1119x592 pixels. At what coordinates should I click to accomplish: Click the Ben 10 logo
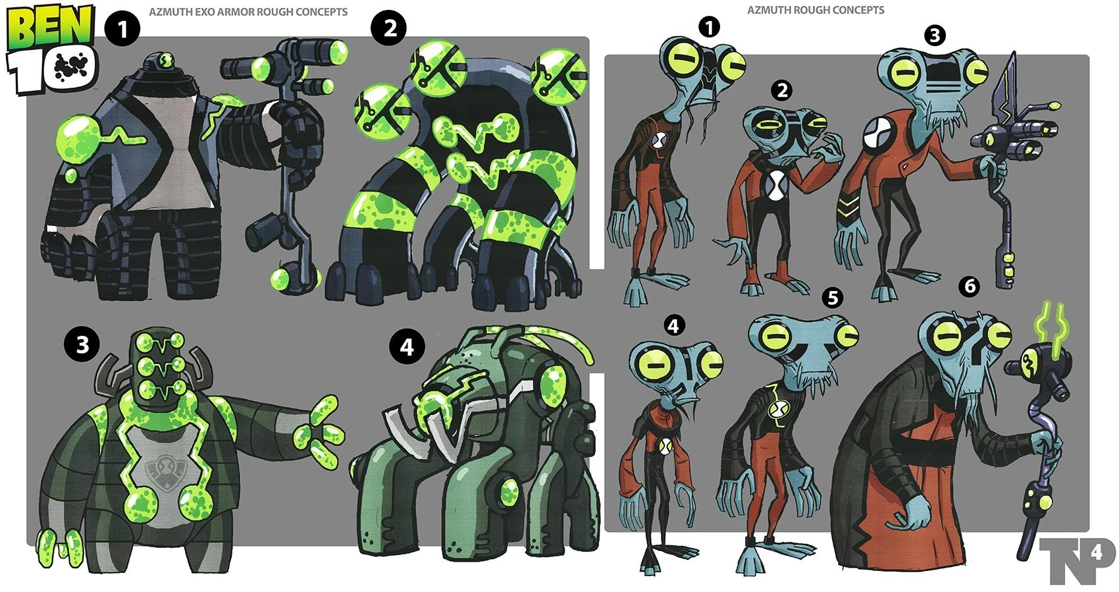point(51,49)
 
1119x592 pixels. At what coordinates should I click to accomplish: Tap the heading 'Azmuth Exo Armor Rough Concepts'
point(248,12)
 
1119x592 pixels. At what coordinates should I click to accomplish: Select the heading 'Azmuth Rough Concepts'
point(816,10)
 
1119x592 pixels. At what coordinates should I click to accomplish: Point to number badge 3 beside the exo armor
point(82,344)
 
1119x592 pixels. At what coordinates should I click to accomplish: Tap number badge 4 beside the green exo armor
point(407,346)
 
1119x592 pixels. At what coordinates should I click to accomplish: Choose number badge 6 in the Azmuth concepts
point(969,286)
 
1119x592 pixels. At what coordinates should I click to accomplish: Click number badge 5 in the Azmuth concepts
point(833,298)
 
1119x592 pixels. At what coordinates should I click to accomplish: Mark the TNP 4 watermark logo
point(1077,559)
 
